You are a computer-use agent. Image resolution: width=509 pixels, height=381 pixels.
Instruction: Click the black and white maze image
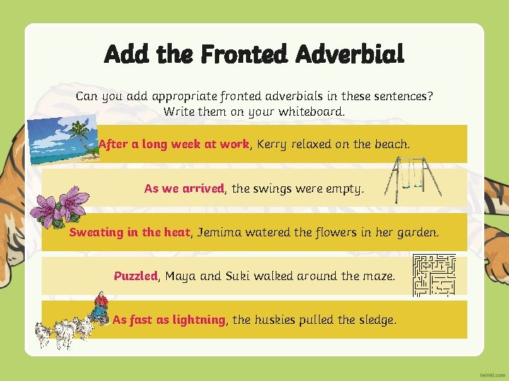tap(433, 274)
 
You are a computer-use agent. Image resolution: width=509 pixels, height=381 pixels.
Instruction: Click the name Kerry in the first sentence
tap(273, 144)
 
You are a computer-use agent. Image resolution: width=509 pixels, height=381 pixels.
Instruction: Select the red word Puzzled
tap(135, 276)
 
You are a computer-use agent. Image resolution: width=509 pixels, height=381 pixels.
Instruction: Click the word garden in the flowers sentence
tap(418, 232)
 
